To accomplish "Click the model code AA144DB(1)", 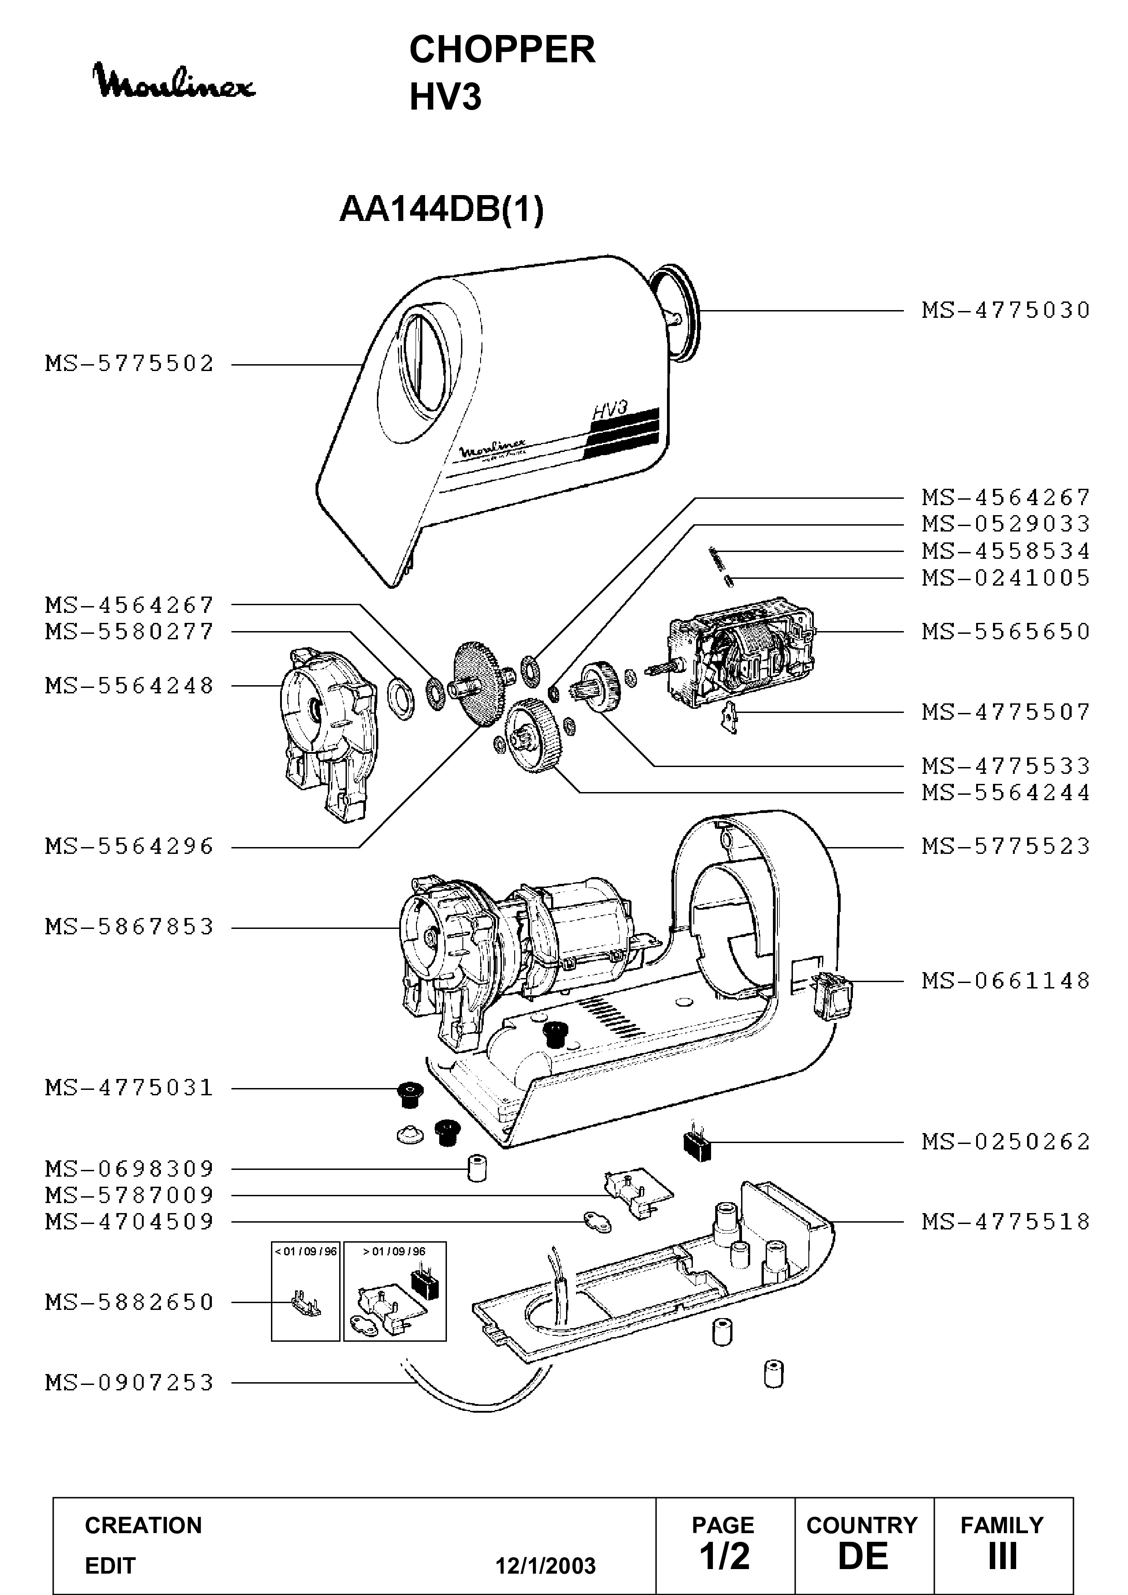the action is pyautogui.click(x=442, y=209).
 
